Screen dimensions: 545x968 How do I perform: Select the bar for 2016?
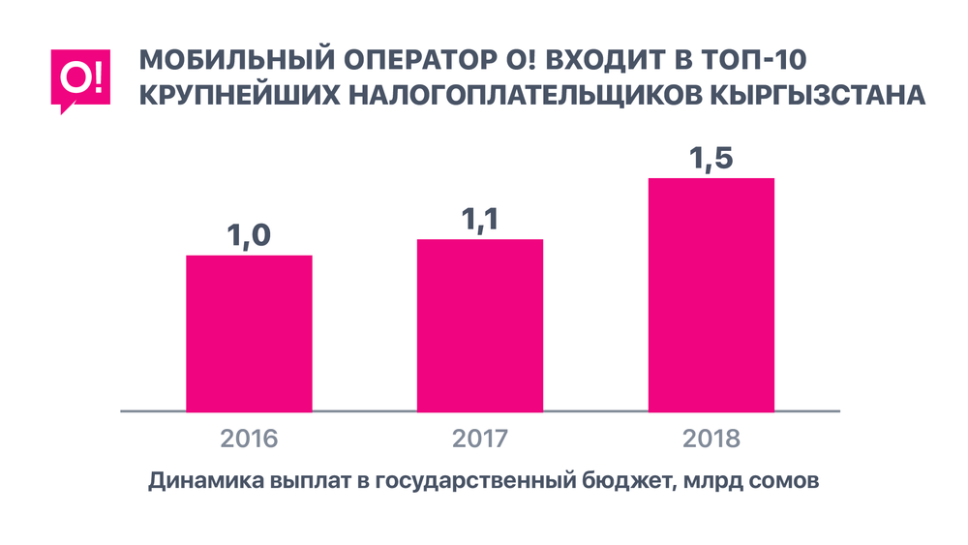click(249, 333)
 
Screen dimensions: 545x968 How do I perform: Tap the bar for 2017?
click(479, 324)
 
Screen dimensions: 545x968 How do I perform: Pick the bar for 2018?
click(711, 294)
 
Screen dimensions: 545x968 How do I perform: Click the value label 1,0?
click(249, 235)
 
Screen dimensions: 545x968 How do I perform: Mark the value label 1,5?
click(711, 158)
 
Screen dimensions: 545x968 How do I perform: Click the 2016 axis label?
click(249, 439)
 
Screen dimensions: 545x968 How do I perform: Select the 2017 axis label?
click(479, 439)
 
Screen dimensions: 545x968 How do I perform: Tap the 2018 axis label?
click(711, 439)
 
